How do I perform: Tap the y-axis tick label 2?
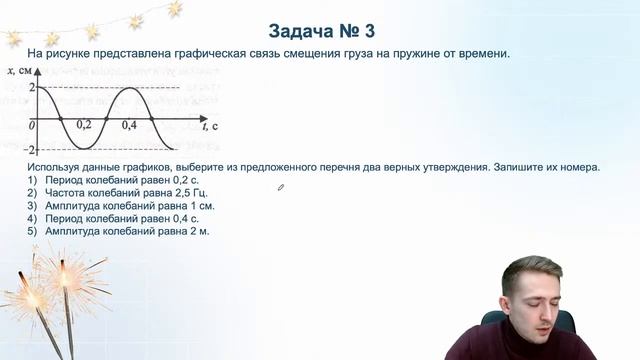point(32,87)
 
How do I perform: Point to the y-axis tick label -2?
point(30,148)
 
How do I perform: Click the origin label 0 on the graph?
point(32,125)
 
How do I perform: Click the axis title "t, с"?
point(209,127)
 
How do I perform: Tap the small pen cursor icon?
point(281,186)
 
